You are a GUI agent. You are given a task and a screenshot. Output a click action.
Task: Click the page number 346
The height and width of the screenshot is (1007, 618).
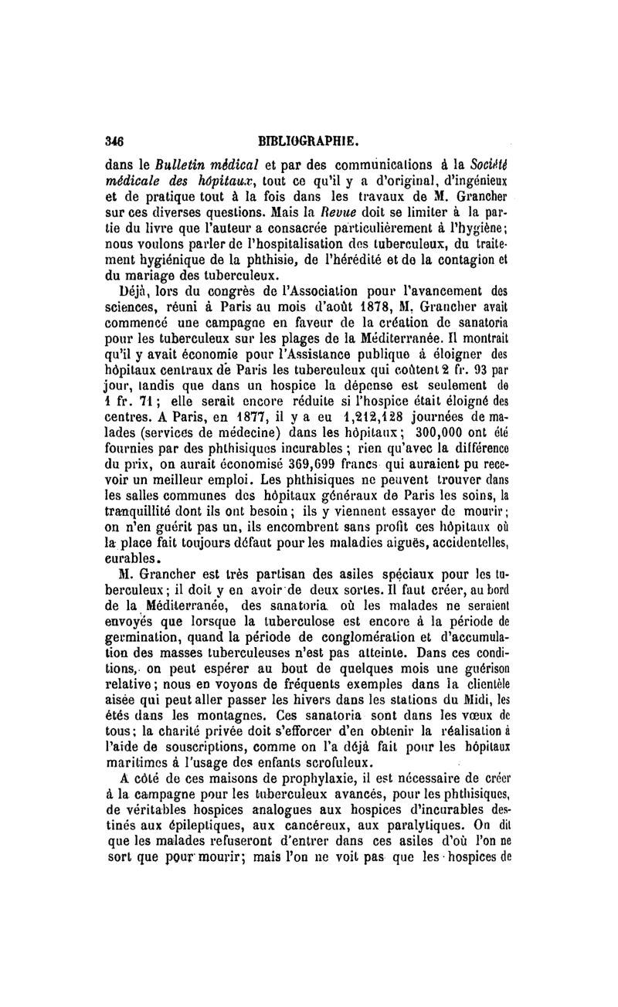(x=115, y=141)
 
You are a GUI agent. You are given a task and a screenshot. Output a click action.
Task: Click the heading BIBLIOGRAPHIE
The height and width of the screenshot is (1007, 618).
(x=307, y=141)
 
